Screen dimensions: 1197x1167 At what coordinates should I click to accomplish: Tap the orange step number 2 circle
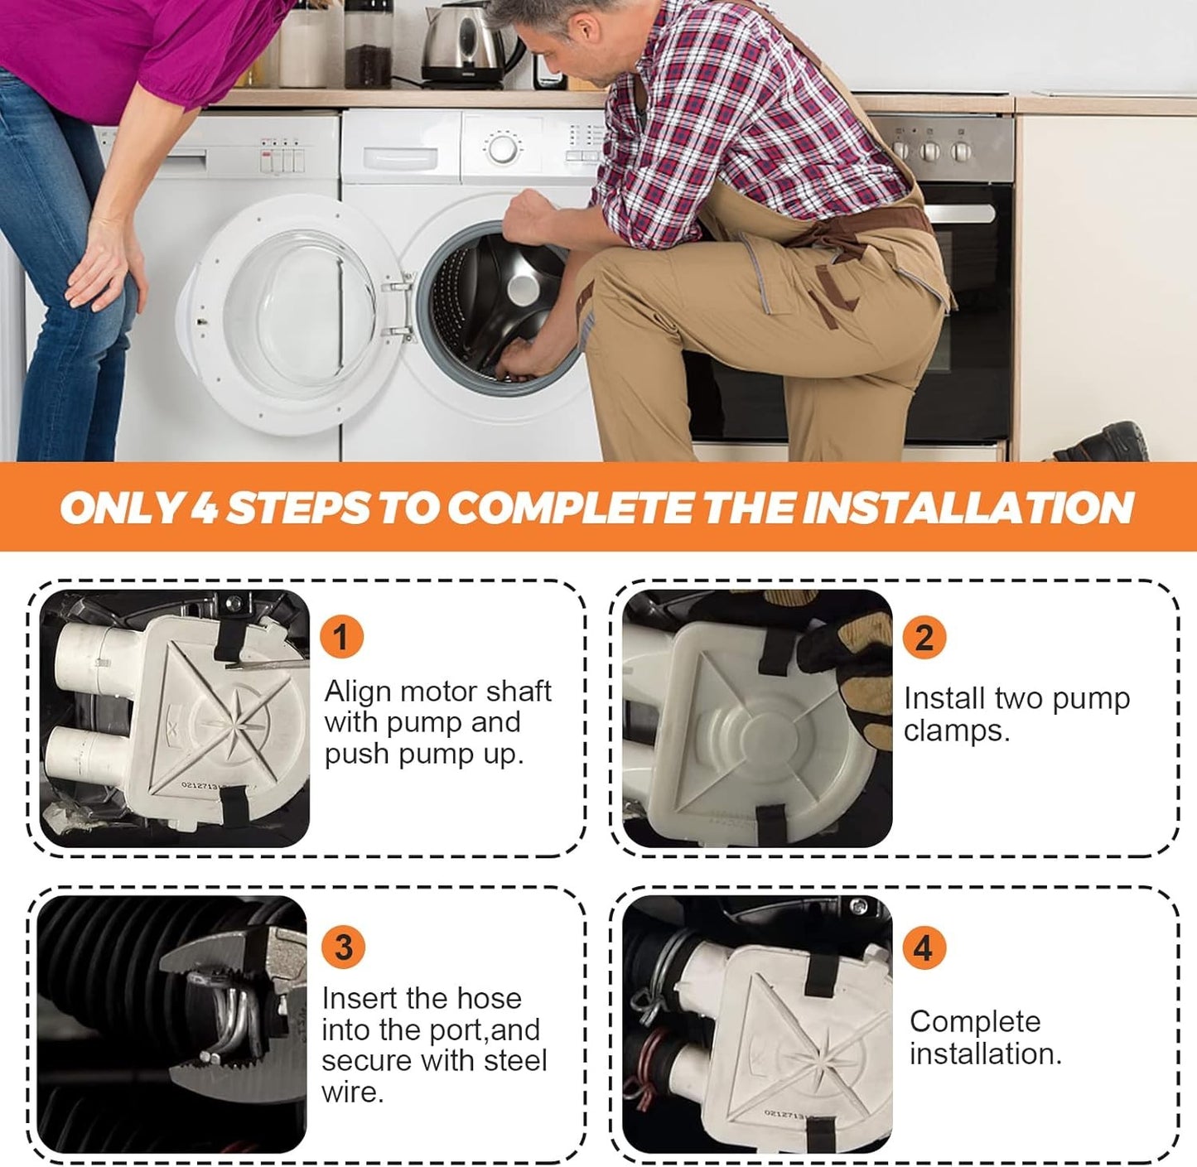pos(924,636)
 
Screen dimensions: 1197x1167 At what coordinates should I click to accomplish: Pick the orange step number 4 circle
pos(924,948)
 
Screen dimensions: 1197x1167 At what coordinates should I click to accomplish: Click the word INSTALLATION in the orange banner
pos(970,508)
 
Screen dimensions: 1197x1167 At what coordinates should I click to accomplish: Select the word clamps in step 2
pos(957,731)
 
